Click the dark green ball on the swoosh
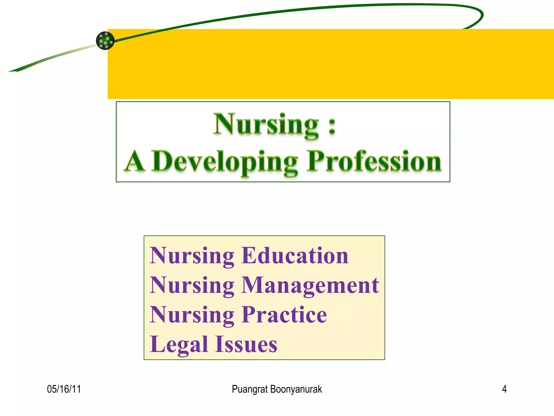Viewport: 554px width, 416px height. point(105,41)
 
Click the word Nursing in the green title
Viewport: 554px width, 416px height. point(266,124)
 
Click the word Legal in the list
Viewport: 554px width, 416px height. point(179,344)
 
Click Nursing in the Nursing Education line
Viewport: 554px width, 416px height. point(192,256)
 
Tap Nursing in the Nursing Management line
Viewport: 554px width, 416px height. point(192,285)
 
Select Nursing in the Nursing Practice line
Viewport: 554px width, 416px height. point(192,315)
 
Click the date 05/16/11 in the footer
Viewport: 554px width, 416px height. point(64,389)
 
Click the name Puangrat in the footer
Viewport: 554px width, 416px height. point(250,389)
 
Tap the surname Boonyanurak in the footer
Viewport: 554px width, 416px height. point(296,389)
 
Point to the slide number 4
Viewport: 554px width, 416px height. point(504,389)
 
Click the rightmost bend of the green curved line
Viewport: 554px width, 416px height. point(482,15)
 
